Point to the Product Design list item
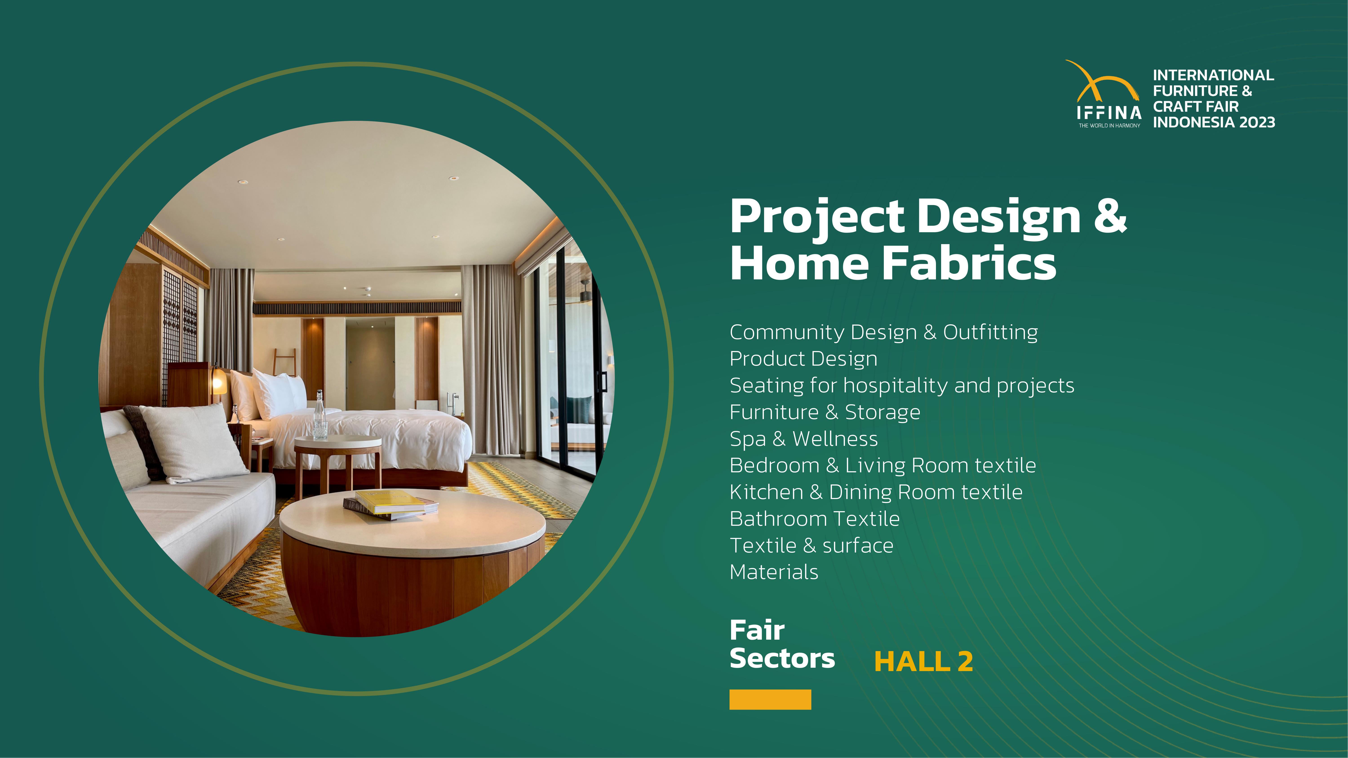(803, 359)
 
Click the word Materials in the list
(774, 572)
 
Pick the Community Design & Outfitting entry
(884, 332)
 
